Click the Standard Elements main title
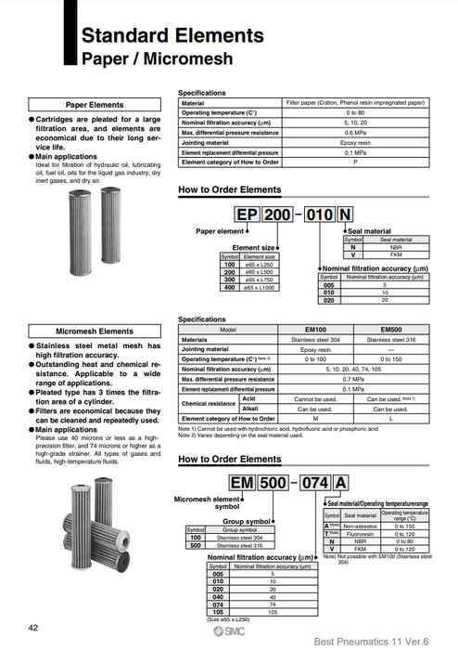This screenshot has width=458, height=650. (172, 36)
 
